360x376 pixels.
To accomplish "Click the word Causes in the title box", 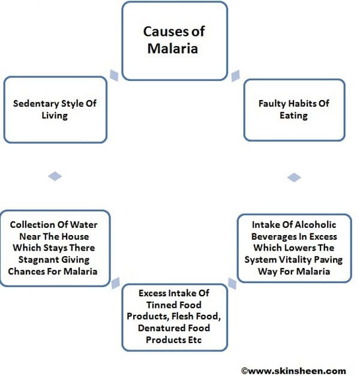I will [x=163, y=31].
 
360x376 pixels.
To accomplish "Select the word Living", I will [x=55, y=115].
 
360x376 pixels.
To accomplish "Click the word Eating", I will [x=293, y=115].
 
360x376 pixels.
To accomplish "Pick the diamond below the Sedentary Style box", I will [x=55, y=176].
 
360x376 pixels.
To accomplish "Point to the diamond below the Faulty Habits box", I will [x=293, y=178].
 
